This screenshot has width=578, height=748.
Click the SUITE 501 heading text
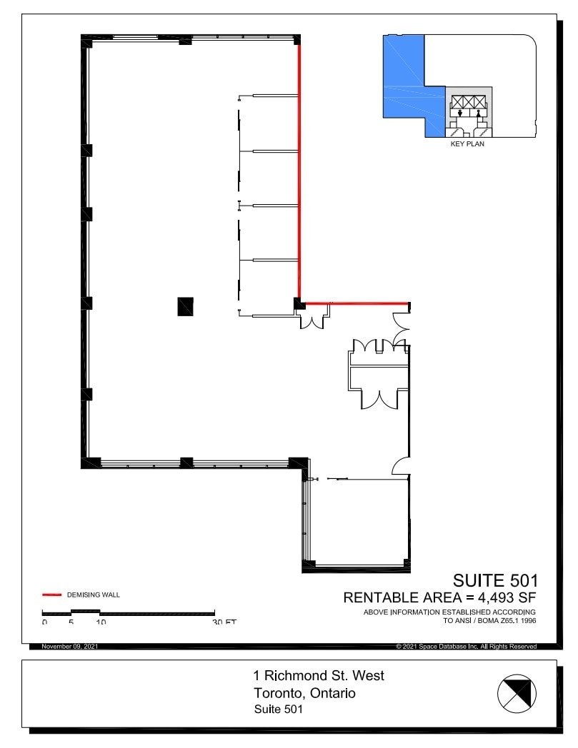coord(495,580)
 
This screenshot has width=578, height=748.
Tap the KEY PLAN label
coord(467,143)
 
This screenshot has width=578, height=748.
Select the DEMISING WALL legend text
coord(94,595)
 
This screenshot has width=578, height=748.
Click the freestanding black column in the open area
coord(185,305)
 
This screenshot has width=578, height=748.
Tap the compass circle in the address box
coord(517,693)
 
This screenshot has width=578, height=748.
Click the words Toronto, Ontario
coord(305,693)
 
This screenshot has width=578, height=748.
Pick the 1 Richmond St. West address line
coord(319,675)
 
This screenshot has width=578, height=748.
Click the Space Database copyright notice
coord(466,647)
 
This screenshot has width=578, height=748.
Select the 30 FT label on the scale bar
coord(224,622)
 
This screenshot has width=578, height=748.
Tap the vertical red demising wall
coord(299,171)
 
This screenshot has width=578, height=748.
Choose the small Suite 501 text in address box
coord(279,709)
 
